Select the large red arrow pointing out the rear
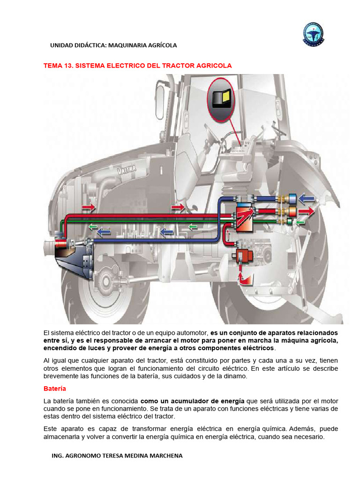[x=308, y=210]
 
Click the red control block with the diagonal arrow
[x=244, y=217]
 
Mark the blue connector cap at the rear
[x=292, y=198]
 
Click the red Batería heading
[x=54, y=389]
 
